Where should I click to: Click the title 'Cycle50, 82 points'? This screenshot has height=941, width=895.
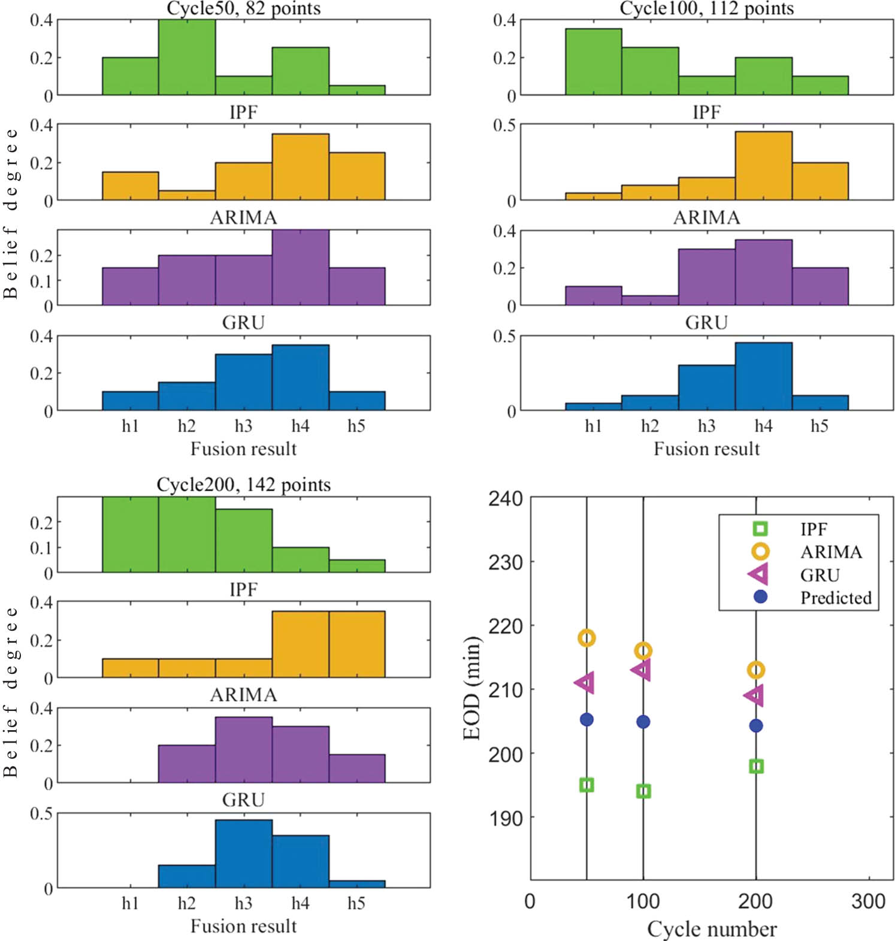tap(243, 8)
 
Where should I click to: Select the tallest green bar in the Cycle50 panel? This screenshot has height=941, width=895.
tap(187, 58)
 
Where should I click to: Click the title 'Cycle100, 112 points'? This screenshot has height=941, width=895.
tap(706, 8)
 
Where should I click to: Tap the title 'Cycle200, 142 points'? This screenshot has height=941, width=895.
tap(243, 484)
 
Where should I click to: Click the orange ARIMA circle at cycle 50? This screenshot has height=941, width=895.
tap(586, 638)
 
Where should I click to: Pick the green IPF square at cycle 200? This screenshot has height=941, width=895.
tap(756, 766)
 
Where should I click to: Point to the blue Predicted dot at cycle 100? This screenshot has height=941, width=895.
tap(643, 722)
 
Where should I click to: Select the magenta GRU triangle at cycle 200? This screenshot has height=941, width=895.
tap(755, 695)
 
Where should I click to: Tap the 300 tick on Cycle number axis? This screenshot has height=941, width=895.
tap(868, 901)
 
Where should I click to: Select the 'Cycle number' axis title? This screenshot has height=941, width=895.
tap(712, 929)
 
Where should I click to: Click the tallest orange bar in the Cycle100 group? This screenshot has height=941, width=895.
tap(763, 166)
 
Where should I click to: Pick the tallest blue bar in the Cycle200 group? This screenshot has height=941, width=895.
tap(243, 854)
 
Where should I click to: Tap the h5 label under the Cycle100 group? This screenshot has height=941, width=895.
tap(820, 426)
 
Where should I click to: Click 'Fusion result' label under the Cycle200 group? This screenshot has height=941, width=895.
tap(243, 926)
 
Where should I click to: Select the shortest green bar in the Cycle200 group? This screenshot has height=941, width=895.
tap(357, 566)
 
